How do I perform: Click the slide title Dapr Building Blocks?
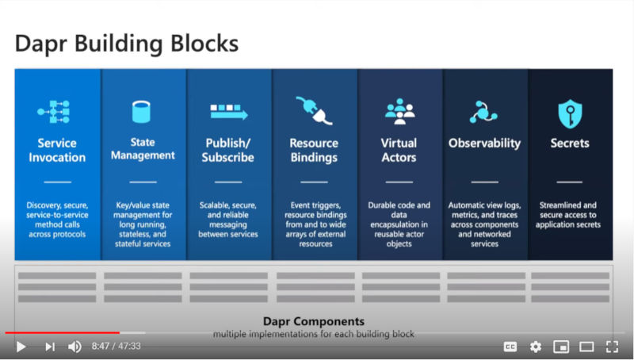[x=127, y=44]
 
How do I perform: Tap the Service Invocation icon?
[x=53, y=111]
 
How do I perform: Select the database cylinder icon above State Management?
[x=141, y=112]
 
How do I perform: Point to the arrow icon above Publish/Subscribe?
[x=229, y=112]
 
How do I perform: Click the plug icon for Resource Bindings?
[x=314, y=110]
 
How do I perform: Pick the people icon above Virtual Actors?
[x=399, y=111]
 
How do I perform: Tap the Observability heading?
[x=484, y=144]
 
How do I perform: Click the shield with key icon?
[x=570, y=113]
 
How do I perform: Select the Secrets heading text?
[x=570, y=144]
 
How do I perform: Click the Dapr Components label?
[x=314, y=321]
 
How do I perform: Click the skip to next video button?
[x=50, y=347]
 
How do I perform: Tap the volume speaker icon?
[x=74, y=347]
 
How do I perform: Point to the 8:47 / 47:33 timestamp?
[x=116, y=347]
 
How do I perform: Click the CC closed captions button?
[x=510, y=347]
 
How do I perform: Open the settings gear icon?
[x=536, y=347]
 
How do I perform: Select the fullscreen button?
[x=612, y=347]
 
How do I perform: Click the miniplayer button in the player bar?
[x=561, y=347]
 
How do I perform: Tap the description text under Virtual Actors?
[x=399, y=224]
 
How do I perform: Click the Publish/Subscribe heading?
[x=228, y=150]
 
